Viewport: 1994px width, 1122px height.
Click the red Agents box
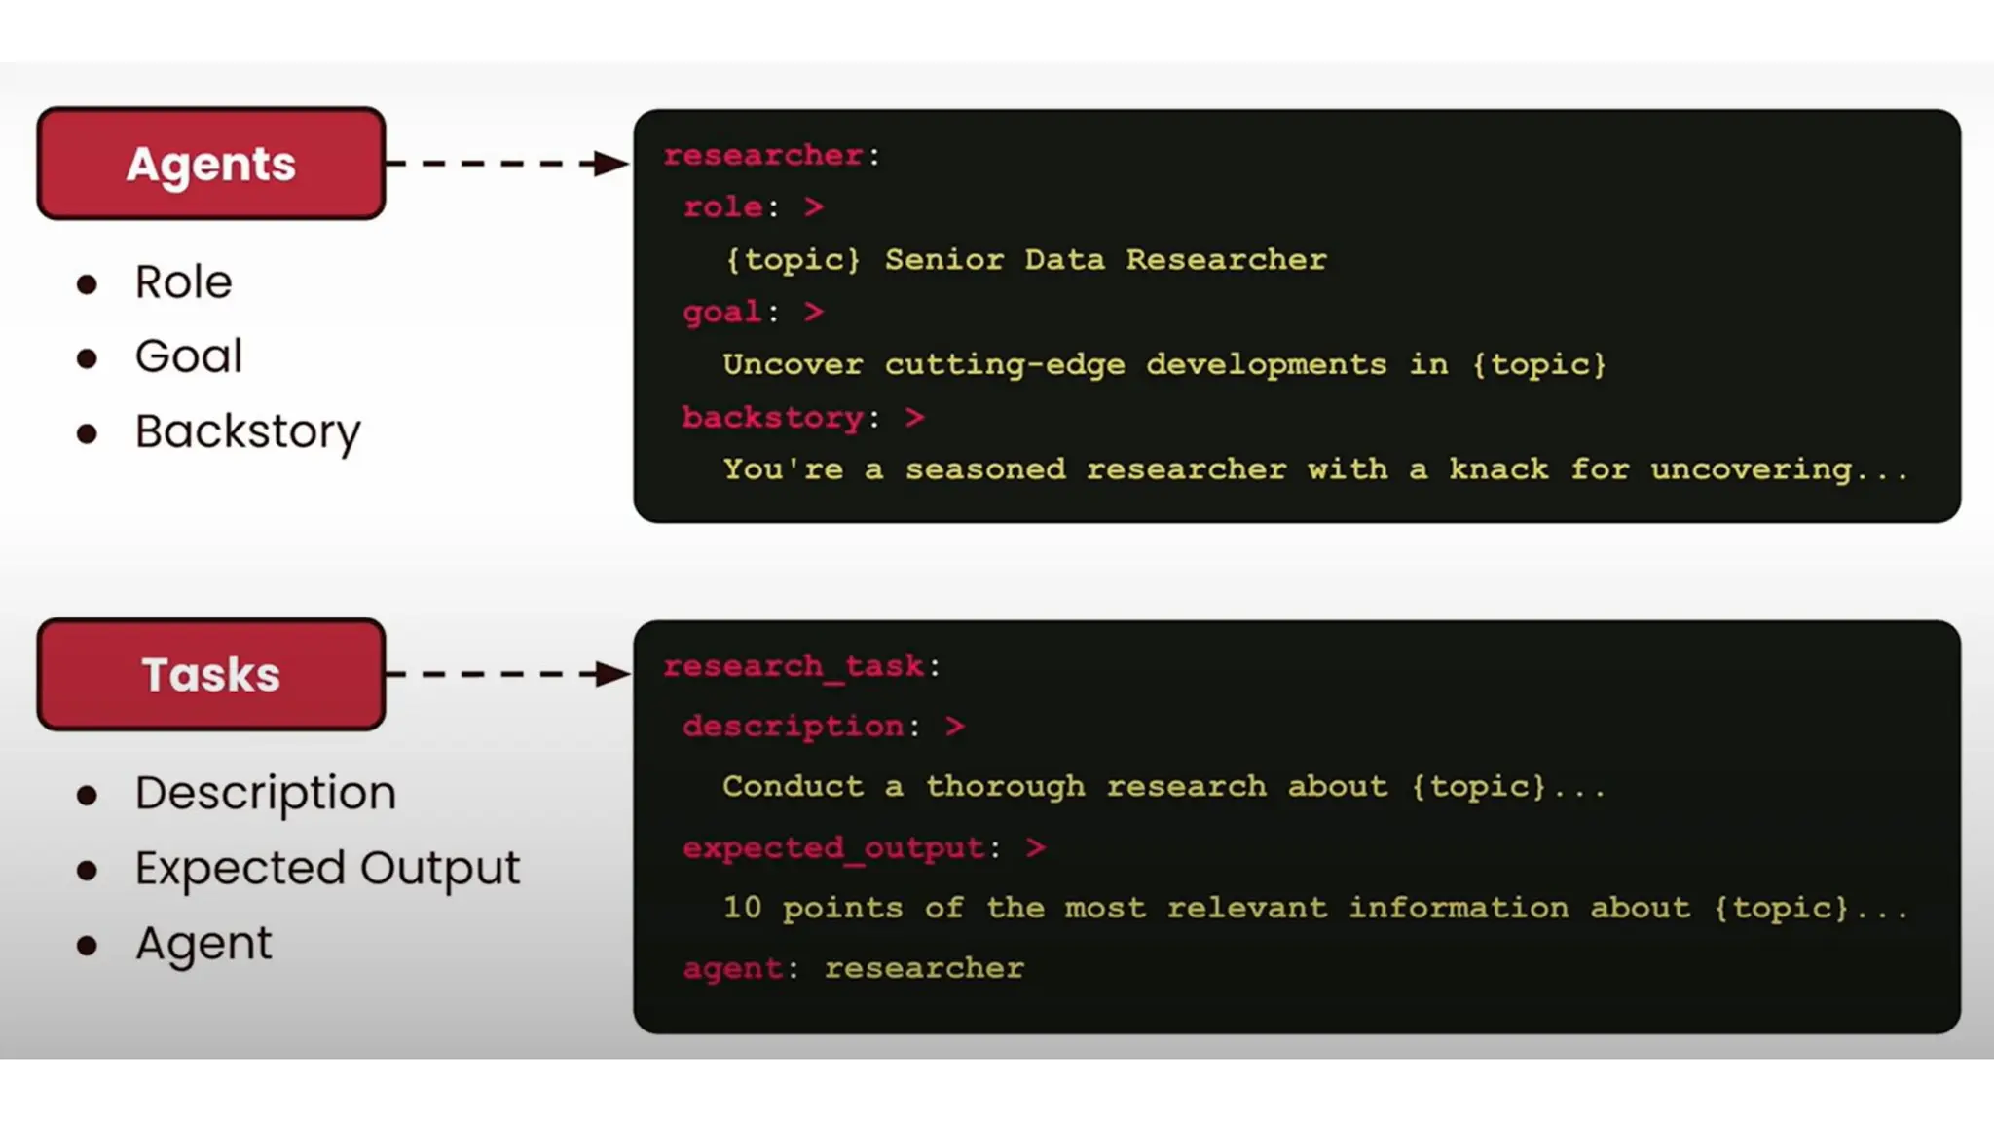(x=211, y=164)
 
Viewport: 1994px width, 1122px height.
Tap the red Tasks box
(x=211, y=674)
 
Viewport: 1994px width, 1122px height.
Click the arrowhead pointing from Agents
(x=610, y=163)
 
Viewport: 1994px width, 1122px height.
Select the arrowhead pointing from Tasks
(x=610, y=673)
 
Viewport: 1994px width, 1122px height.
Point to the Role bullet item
(x=183, y=282)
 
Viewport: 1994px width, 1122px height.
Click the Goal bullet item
(x=188, y=356)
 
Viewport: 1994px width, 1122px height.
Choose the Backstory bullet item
(x=247, y=431)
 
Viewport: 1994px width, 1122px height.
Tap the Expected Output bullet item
(x=327, y=868)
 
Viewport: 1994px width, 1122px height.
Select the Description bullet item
(x=265, y=793)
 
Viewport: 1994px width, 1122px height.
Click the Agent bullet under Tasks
(x=203, y=943)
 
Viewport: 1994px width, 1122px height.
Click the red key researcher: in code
(x=763, y=156)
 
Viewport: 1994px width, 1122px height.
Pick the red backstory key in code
(x=772, y=418)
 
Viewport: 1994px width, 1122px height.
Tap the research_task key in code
(x=794, y=666)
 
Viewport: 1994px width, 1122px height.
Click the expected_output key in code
(x=833, y=848)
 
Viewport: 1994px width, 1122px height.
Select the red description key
(x=794, y=727)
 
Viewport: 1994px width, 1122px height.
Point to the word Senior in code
(x=943, y=260)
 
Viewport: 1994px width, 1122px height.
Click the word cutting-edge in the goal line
(x=1004, y=365)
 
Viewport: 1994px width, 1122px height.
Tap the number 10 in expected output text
(x=742, y=908)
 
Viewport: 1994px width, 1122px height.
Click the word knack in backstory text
(x=1497, y=469)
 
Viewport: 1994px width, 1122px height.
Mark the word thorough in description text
(x=1005, y=787)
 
